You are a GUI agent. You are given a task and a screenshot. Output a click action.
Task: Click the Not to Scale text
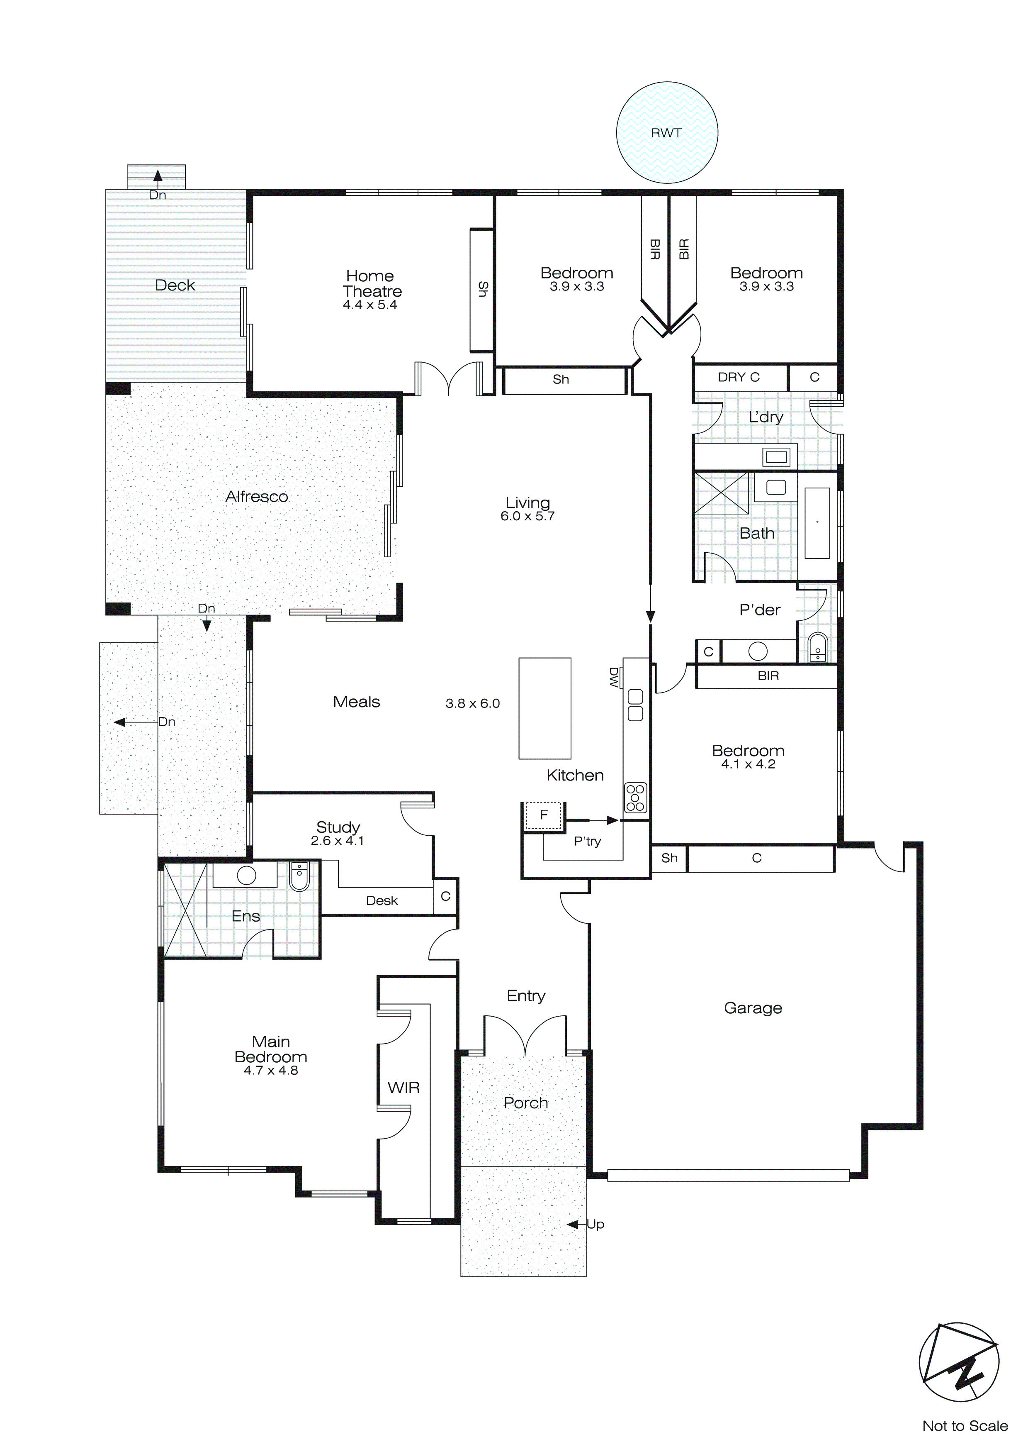tap(965, 1425)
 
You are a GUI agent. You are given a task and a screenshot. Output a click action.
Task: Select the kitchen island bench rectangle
tap(544, 708)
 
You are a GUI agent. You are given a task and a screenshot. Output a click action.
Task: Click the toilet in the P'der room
tap(818, 648)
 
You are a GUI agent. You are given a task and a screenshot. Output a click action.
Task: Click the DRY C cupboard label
tap(738, 378)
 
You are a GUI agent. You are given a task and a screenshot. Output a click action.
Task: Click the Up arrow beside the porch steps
tap(573, 1225)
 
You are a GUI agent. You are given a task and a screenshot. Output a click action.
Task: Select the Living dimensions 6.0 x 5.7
tap(527, 516)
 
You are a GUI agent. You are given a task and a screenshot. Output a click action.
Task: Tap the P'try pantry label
tap(588, 841)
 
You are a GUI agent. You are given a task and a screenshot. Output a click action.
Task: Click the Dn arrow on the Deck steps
tap(158, 176)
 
